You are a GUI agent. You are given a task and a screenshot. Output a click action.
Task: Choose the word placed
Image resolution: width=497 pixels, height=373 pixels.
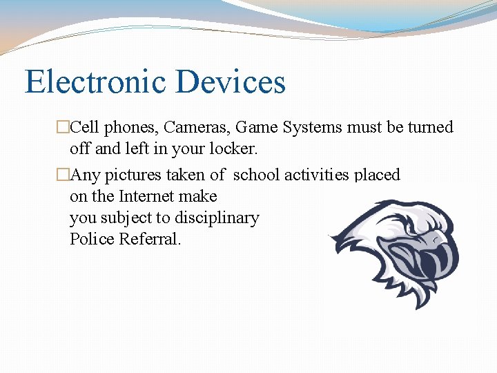point(377,175)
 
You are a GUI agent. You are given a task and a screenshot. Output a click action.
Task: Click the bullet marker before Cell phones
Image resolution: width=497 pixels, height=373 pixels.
point(64,128)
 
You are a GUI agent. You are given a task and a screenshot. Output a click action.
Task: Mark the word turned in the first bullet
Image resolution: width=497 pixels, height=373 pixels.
point(431,127)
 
